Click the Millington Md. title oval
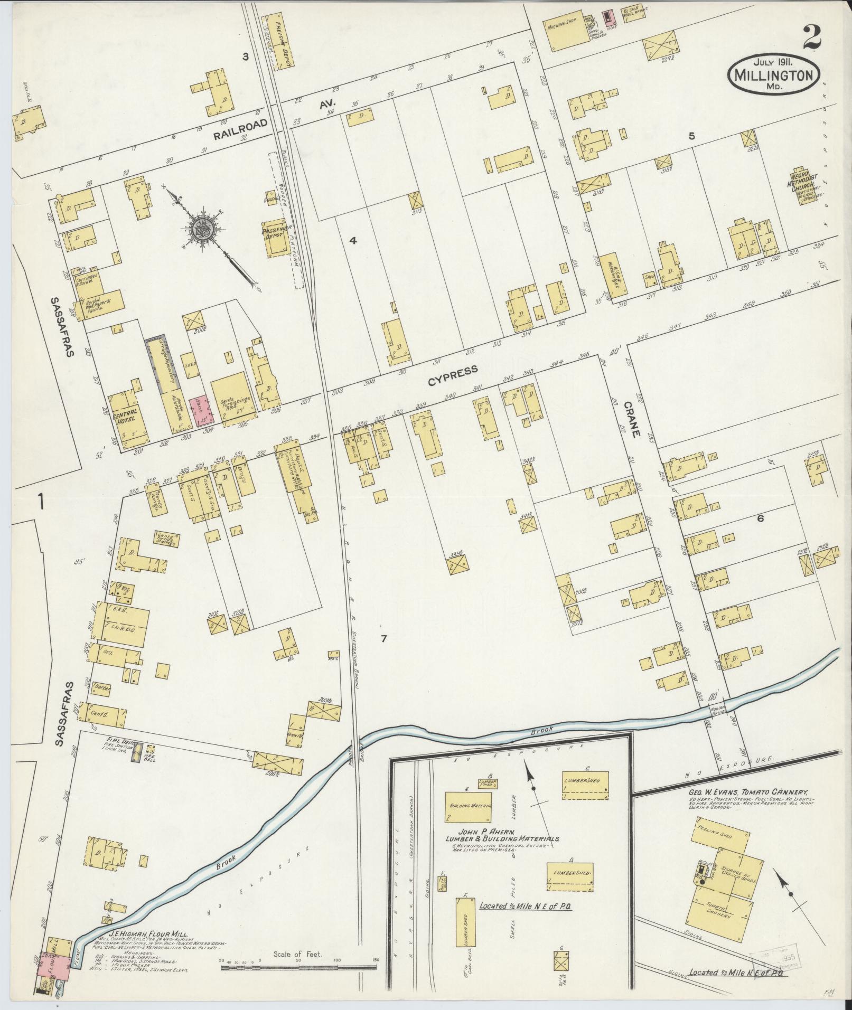tap(775, 75)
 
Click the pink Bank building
tap(201, 409)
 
